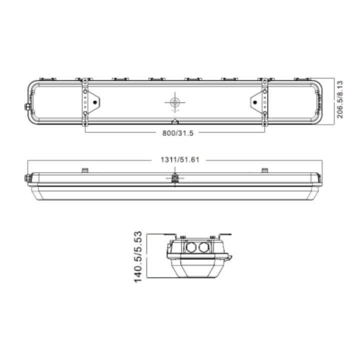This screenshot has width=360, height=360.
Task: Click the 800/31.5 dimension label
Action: [x=174, y=133]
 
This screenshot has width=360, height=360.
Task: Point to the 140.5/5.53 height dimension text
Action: [x=139, y=256]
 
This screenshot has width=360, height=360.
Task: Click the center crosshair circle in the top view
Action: [x=174, y=102]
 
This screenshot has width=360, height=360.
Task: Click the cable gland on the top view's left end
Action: [x=25, y=106]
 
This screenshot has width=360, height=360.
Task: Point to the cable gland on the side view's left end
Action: [x=25, y=177]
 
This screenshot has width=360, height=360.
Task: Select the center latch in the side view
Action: [x=174, y=178]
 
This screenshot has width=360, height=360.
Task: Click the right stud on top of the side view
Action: [x=264, y=170]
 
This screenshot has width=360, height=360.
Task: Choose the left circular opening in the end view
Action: [x=190, y=247]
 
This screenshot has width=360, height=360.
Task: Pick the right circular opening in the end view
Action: [x=202, y=247]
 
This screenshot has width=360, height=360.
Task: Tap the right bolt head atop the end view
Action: [x=212, y=236]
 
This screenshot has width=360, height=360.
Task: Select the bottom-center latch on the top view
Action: [x=174, y=121]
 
